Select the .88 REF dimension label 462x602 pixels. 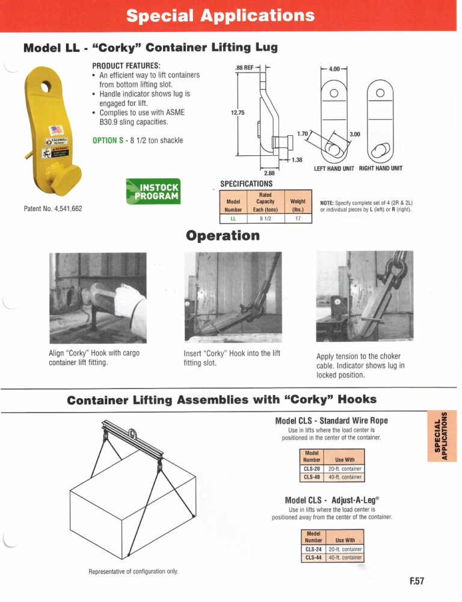246,68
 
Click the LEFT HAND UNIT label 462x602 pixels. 334,168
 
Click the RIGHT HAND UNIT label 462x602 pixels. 381,168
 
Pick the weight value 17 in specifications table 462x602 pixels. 298,218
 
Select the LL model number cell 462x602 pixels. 233,218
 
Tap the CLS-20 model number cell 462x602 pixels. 312,468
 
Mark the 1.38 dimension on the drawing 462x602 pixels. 297,159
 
